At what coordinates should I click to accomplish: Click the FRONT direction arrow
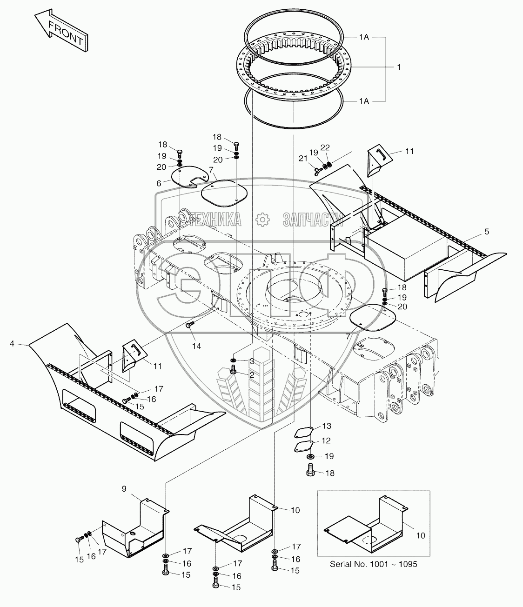click(x=60, y=32)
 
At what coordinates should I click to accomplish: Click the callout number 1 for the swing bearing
click(x=398, y=67)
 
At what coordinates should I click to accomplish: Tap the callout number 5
click(x=487, y=231)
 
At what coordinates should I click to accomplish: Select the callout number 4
click(x=12, y=344)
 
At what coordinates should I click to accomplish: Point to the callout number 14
click(x=197, y=347)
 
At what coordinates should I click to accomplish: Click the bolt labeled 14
click(x=189, y=325)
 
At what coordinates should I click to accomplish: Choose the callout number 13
click(x=327, y=426)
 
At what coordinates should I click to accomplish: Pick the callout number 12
click(x=327, y=440)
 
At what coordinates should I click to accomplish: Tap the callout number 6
click(x=159, y=184)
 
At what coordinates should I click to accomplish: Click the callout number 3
click(x=252, y=361)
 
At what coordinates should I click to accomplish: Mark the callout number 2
click(x=252, y=375)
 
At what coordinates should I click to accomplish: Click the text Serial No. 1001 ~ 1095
click(x=373, y=564)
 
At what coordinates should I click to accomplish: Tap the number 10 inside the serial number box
click(x=420, y=536)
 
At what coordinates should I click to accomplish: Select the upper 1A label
click(x=364, y=37)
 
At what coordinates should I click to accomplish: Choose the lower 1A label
click(x=364, y=101)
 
